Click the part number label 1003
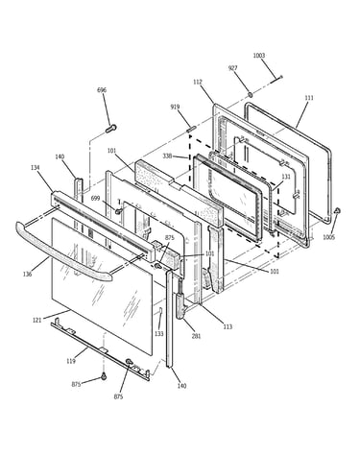259,56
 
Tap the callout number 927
232,68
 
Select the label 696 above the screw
102,90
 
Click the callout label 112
198,83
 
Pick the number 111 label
309,98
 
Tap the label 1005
328,237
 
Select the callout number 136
28,274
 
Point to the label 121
37,320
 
